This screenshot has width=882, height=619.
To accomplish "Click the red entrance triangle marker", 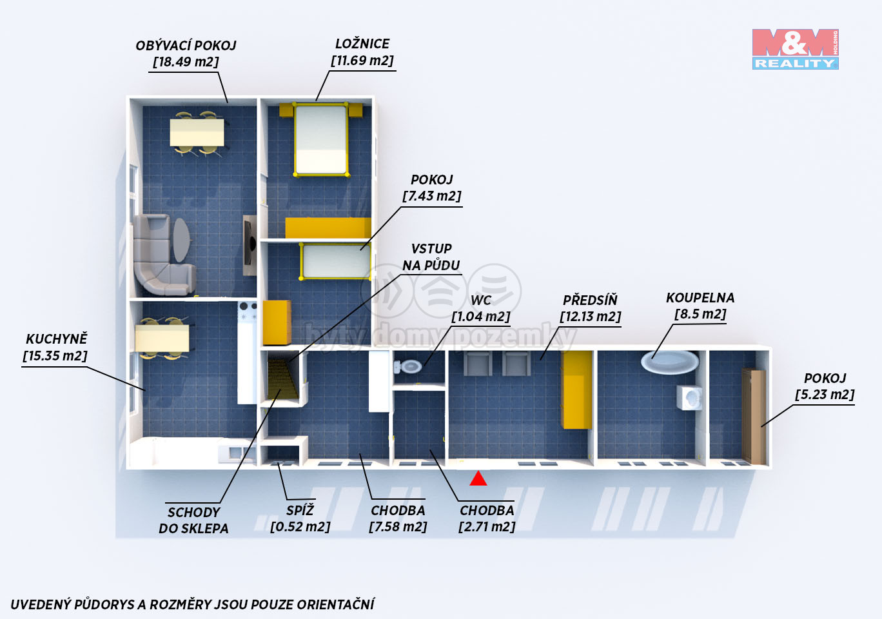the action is [478, 478].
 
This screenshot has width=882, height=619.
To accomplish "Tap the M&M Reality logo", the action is [796, 49].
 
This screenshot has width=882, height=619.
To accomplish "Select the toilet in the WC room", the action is [407, 367].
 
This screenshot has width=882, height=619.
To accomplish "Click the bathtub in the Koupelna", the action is [670, 362].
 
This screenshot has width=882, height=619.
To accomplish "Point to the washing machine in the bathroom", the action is [689, 397].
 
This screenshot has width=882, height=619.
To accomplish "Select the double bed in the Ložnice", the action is [321, 139].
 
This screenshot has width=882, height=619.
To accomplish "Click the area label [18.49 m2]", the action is [186, 62].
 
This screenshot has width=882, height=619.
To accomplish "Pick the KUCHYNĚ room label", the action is [57, 339].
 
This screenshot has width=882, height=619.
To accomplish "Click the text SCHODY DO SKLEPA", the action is [193, 520].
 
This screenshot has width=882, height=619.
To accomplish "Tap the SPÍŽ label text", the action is [300, 510].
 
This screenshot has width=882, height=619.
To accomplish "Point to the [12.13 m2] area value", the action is [590, 317].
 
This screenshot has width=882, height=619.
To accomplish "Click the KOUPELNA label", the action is [700, 298].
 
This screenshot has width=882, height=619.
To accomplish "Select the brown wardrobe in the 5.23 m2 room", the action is [754, 416].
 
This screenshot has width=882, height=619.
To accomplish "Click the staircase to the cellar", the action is [282, 378].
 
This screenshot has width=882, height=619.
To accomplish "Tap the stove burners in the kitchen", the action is [248, 311].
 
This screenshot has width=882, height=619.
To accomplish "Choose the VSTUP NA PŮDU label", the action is [431, 257].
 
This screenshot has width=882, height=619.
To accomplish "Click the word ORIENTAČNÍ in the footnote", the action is [335, 604].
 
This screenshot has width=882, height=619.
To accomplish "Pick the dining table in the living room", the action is [197, 133].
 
